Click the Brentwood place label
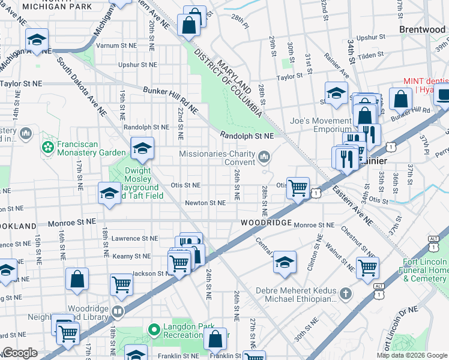[x=423, y=29]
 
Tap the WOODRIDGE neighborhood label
[x=266, y=223]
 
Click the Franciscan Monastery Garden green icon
[x=47, y=147]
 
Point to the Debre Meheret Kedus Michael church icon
[x=345, y=293]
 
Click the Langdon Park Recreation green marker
[x=152, y=329]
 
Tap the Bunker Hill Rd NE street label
[x=170, y=100]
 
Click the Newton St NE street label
[x=205, y=203]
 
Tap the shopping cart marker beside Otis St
[x=298, y=188]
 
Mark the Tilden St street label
[x=370, y=55]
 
